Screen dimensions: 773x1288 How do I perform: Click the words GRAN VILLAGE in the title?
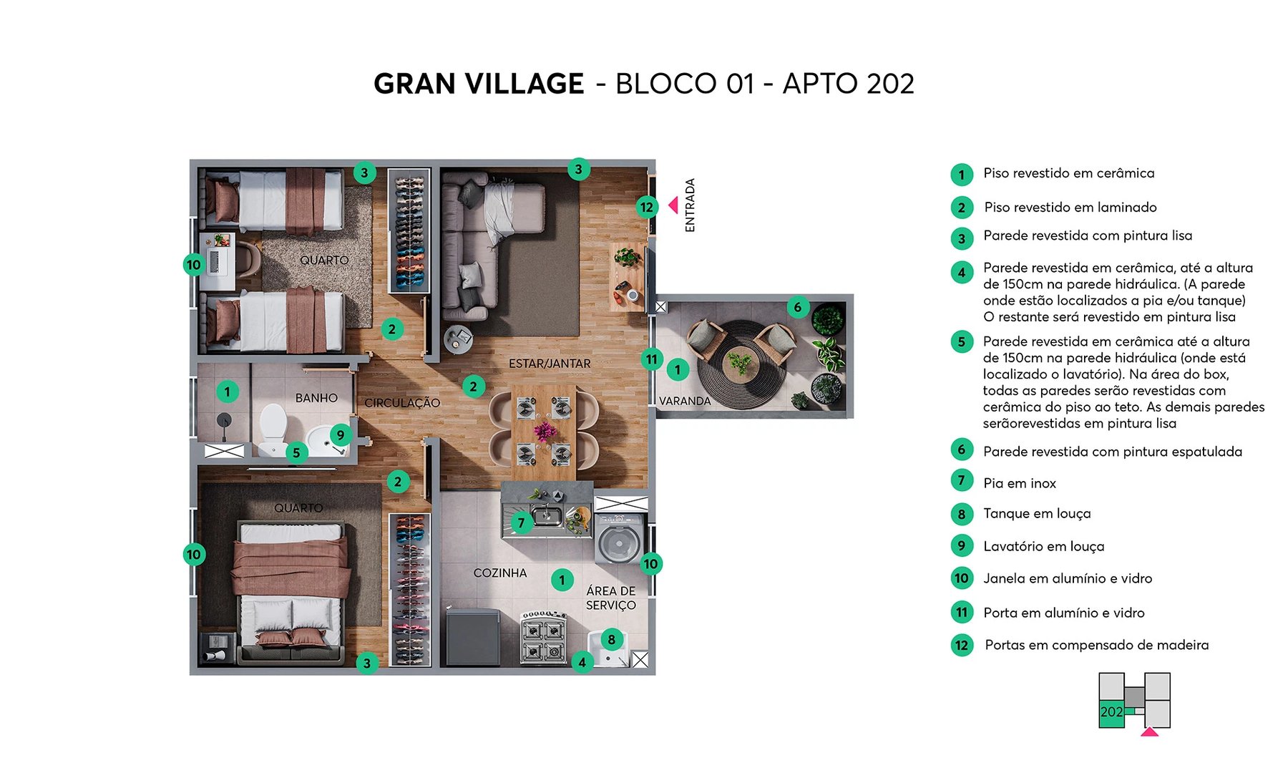point(478,84)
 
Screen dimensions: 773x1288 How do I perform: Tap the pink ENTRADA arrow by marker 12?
point(673,205)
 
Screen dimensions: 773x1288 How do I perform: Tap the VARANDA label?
point(684,401)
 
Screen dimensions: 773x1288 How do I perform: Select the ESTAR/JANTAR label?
point(549,364)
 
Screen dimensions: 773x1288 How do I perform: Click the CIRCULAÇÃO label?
point(402,403)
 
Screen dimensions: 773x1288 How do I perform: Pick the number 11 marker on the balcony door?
point(651,359)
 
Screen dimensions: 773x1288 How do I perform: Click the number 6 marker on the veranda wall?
point(798,308)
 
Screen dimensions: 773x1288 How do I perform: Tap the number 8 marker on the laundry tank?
point(611,640)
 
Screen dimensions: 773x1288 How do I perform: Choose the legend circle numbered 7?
point(962,481)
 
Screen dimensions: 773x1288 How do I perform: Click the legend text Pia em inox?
point(1019,483)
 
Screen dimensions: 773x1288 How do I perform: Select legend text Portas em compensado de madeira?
point(1096,645)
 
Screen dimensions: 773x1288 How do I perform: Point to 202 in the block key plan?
point(1111,712)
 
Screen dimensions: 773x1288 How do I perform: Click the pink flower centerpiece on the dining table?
point(545,431)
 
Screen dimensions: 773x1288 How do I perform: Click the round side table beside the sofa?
point(457,339)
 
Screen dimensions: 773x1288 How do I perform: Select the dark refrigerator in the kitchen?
point(472,636)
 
